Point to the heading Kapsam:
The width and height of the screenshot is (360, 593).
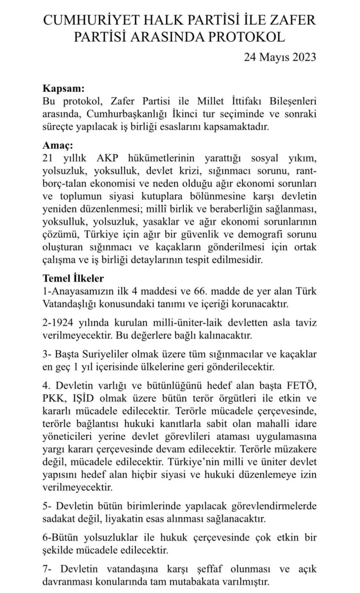(64, 89)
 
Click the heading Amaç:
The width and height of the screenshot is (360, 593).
(58, 146)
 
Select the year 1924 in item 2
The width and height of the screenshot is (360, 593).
(61, 323)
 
